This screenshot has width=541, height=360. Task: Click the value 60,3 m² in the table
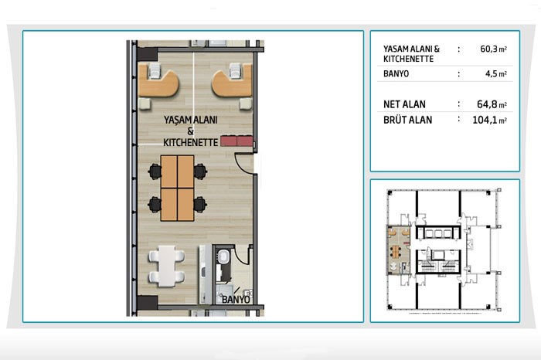[493, 49]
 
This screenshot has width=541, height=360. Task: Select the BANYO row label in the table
[396, 74]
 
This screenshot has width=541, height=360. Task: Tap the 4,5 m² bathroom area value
[496, 74]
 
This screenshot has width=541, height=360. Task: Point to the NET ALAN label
[404, 104]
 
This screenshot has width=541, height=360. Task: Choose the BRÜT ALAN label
[407, 120]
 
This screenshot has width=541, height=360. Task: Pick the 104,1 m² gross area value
[489, 120]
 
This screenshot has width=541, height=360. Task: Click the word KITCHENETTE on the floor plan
[190, 142]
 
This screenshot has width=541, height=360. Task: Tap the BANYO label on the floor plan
[236, 299]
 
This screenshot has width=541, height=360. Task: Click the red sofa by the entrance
[236, 141]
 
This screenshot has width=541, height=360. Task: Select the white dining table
[167, 266]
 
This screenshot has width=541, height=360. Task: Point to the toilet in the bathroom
[223, 257]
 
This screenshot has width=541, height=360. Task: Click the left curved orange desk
[158, 83]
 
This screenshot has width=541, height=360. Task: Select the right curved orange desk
[232, 83]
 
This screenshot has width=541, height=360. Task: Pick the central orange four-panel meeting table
[177, 188]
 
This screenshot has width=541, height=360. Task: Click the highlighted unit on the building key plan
[400, 250]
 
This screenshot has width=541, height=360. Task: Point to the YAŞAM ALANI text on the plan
[190, 120]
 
